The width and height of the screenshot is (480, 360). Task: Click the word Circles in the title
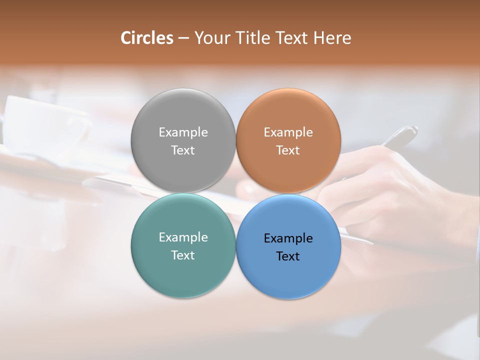pos(146,38)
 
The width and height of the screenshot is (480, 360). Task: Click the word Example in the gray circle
pos(183,132)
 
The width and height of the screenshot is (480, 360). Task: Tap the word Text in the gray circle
pos(183,150)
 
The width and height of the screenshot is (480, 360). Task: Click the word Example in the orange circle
pos(288,132)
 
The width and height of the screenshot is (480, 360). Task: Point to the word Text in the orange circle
pos(288,150)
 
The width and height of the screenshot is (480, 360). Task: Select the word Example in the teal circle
pos(183,237)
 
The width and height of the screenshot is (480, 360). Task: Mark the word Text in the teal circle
pos(183,255)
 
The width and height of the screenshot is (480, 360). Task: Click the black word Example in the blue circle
pos(288,238)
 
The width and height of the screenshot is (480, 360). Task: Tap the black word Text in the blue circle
pos(288,256)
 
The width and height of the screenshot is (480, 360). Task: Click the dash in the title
pos(183,38)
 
